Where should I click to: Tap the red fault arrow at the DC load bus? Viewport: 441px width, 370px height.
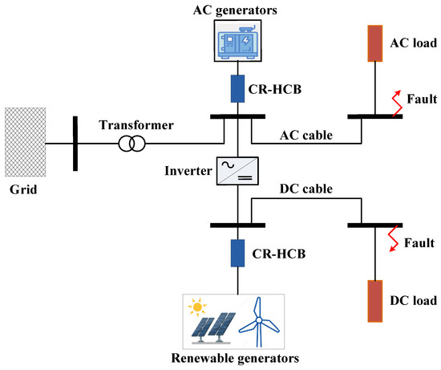pyautogui.click(x=396, y=238)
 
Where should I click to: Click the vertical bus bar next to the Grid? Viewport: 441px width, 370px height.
pyautogui.click(x=75, y=144)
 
